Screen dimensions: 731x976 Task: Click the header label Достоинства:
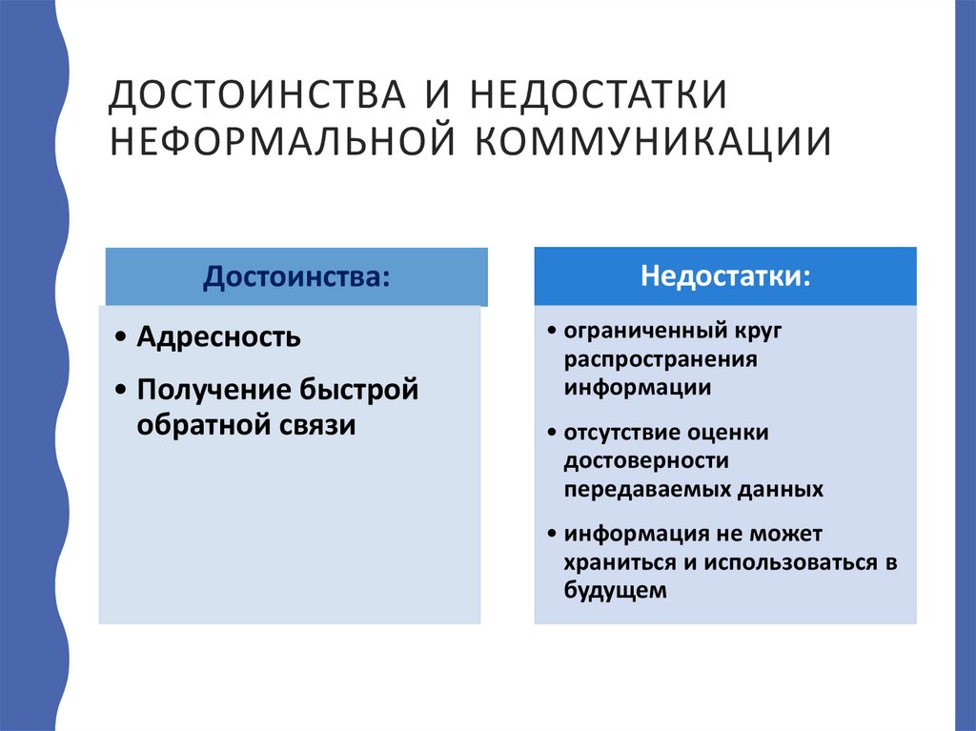click(x=296, y=277)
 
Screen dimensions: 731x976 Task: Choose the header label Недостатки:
click(x=726, y=276)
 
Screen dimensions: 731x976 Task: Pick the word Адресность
click(x=219, y=337)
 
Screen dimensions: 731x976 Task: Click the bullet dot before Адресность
click(x=117, y=338)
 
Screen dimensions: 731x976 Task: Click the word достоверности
click(x=645, y=461)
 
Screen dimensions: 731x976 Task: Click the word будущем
click(x=613, y=591)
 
